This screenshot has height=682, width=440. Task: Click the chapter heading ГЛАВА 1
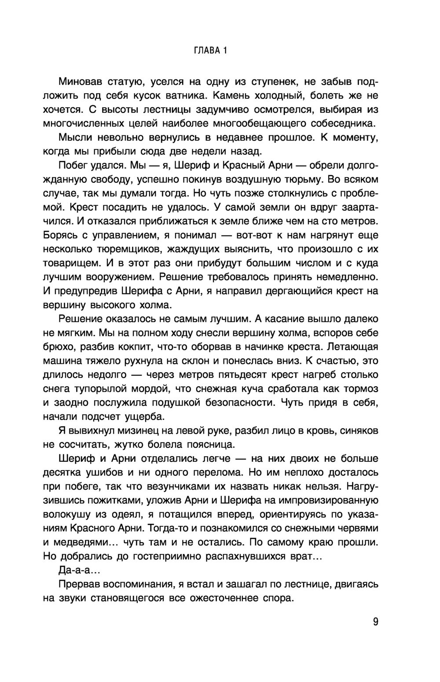[x=210, y=51]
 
